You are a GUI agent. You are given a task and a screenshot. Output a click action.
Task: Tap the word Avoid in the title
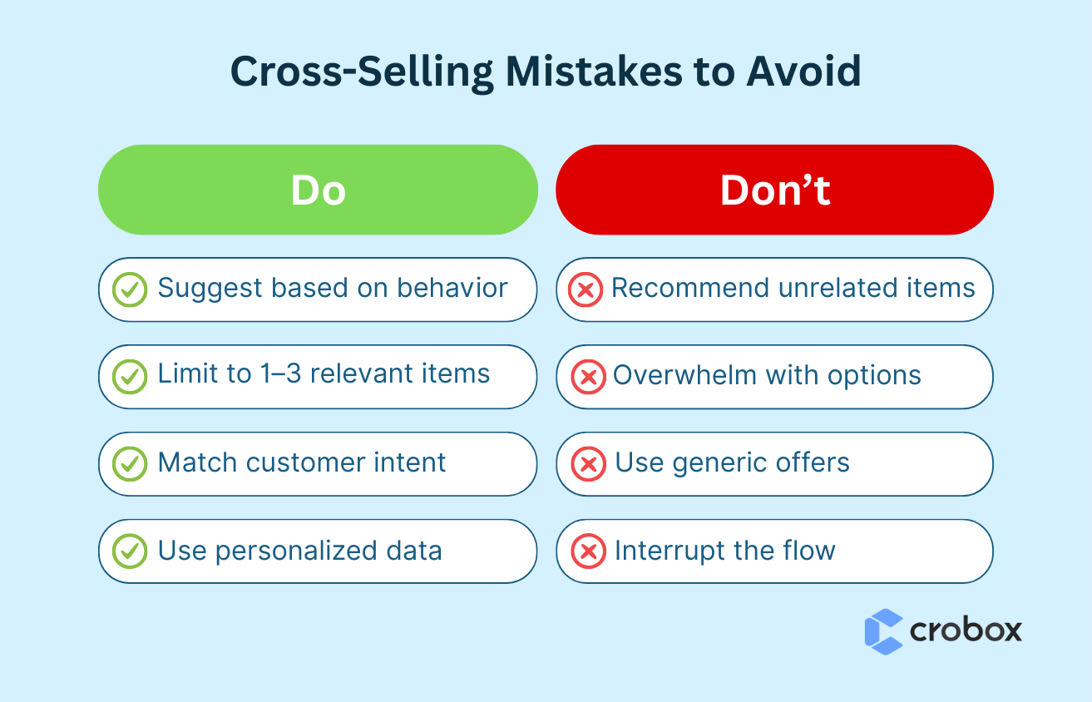coord(803,73)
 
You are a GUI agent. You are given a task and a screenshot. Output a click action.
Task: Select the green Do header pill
coord(318,190)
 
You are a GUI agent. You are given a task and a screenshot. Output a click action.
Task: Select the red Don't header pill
coord(774,190)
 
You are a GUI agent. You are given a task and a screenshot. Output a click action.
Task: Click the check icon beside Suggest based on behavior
coord(130,290)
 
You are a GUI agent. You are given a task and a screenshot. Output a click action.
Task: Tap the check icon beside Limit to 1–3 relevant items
coord(130,377)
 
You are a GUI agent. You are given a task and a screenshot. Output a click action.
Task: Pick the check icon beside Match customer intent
coord(130,464)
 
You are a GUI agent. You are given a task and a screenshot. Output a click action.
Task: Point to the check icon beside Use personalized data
coord(130,551)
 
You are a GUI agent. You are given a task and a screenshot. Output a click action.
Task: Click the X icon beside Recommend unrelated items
coord(586,290)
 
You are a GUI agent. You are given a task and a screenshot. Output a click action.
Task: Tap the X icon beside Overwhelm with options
coord(588,377)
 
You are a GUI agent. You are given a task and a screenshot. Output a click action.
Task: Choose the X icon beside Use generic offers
coord(588,464)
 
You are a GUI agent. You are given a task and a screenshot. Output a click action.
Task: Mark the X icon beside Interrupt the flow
coord(588,551)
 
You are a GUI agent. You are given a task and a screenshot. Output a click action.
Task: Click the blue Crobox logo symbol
coord(883,631)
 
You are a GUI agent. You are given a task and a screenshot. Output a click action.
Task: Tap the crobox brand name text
coord(966,630)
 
